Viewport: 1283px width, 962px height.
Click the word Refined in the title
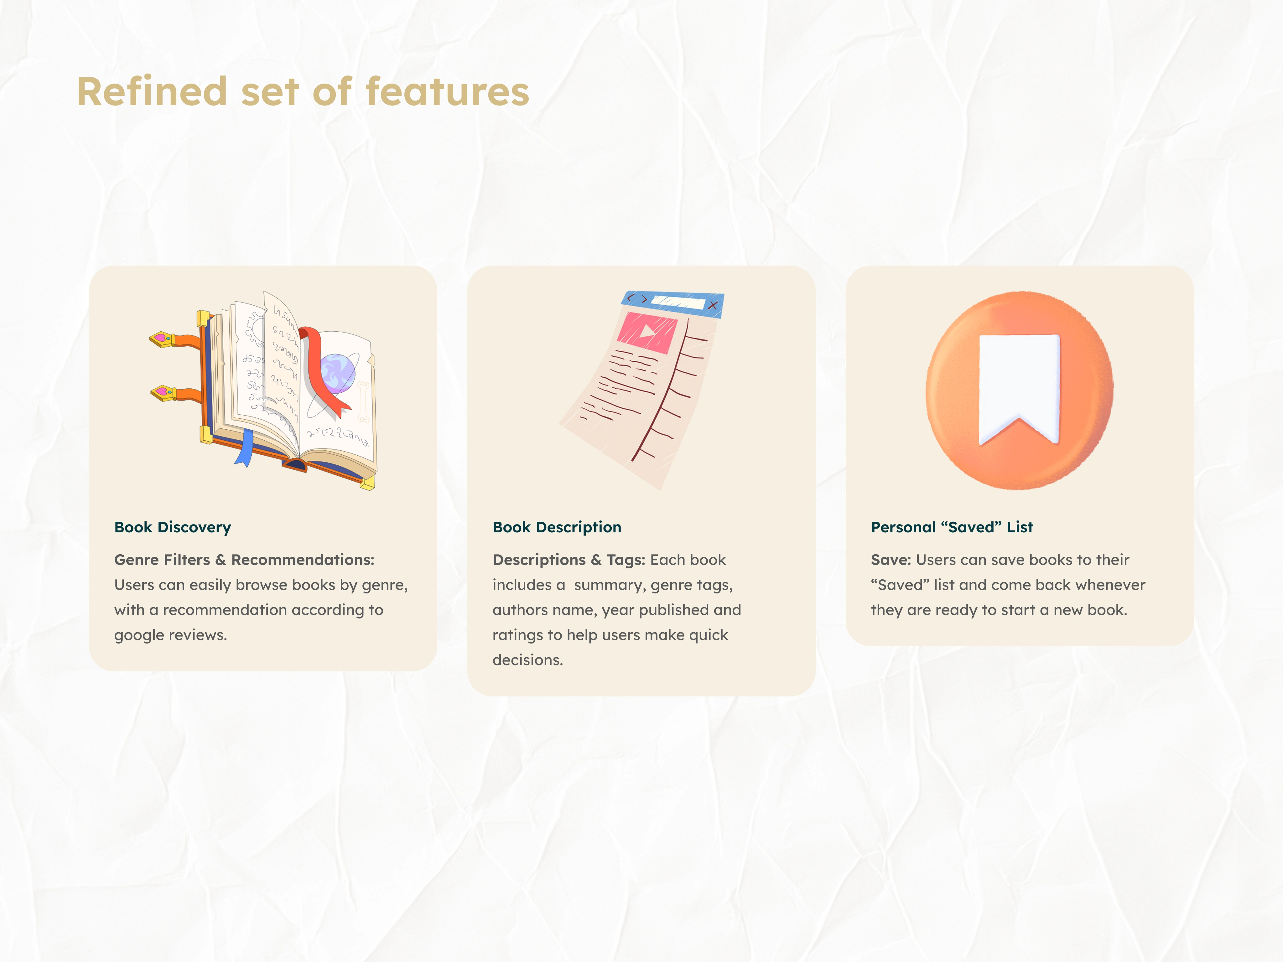[152, 92]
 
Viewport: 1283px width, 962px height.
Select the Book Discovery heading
[172, 527]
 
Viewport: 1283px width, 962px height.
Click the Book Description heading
[557, 527]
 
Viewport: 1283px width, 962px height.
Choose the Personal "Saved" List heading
[952, 527]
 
